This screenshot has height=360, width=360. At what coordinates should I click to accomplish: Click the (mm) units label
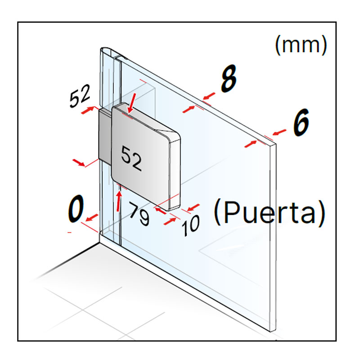click(301, 45)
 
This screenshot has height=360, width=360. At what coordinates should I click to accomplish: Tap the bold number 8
click(229, 78)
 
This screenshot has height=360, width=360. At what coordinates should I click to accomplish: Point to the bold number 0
click(76, 208)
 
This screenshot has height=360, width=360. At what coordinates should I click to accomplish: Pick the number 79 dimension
click(139, 213)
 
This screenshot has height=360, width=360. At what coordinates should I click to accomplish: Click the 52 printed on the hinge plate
click(131, 158)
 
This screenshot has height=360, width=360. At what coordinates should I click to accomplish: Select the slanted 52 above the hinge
click(80, 96)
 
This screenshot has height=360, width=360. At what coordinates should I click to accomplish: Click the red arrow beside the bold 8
click(209, 96)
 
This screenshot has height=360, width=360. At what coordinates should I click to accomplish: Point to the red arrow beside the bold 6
click(279, 132)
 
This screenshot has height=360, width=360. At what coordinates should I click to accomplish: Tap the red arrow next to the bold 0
click(92, 217)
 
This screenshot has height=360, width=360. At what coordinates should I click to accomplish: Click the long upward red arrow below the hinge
click(119, 201)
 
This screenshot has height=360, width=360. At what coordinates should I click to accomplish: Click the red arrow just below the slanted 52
click(87, 110)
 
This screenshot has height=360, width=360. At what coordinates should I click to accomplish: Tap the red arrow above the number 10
click(193, 207)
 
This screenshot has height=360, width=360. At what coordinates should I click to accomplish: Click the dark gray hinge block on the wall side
click(105, 136)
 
